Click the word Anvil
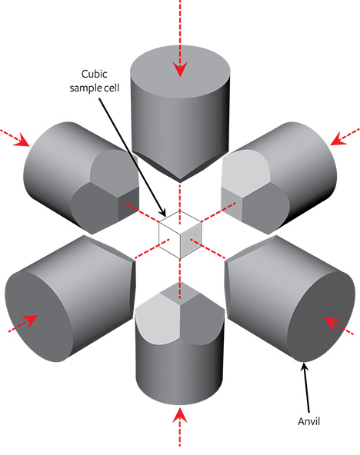coord(309,421)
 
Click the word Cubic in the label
coord(95,75)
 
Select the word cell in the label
coord(112,88)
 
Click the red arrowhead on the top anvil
coord(180,69)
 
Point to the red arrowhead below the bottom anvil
coord(180,415)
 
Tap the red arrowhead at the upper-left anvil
coord(22,140)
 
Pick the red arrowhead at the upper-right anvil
coord(338,138)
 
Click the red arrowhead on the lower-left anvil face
coord(31,321)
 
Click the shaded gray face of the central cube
coord(191,241)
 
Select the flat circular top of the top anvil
coord(180,71)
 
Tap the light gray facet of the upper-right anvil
coord(245,172)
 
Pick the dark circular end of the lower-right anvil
coord(321,317)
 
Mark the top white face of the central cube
coord(180,223)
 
